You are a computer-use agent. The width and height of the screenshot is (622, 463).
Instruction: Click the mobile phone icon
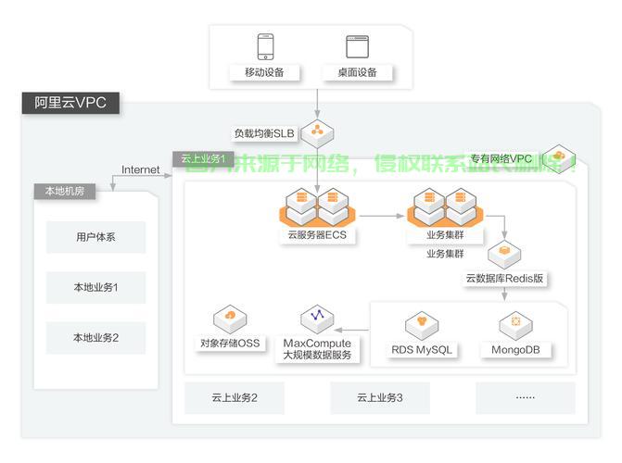(265, 45)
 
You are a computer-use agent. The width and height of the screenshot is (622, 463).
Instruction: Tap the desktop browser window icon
(357, 45)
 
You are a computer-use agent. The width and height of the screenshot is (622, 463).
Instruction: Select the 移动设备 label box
(264, 72)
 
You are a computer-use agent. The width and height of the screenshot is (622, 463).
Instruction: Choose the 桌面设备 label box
(357, 72)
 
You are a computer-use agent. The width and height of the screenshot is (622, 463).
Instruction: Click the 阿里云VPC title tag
(70, 103)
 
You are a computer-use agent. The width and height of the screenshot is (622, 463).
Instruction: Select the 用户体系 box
(96, 237)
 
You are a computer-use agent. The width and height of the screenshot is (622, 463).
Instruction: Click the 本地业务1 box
(96, 287)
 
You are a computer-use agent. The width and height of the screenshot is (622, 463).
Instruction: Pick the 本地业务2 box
(96, 338)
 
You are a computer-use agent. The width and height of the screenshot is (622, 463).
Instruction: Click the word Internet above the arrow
(140, 170)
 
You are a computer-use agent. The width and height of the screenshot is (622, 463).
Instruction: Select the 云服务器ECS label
(316, 235)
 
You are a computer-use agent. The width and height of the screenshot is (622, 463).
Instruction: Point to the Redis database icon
(504, 252)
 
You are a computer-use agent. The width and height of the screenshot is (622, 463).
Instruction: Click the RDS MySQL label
(422, 350)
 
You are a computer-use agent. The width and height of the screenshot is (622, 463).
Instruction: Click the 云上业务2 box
(234, 398)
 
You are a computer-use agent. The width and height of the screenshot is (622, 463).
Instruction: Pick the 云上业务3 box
(380, 398)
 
